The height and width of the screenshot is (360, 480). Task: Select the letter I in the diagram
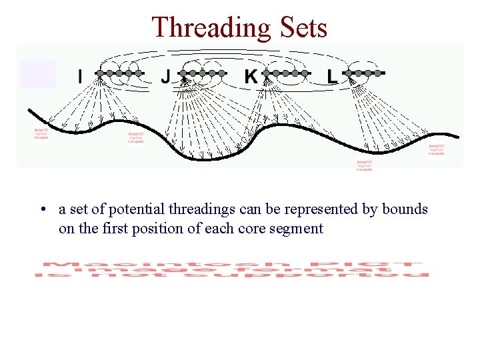tap(80, 77)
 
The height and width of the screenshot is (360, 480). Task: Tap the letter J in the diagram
tap(165, 77)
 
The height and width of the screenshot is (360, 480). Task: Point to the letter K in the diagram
tap(251, 77)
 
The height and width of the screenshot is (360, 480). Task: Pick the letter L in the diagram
tap(332, 77)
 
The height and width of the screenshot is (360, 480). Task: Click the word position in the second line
tap(155, 229)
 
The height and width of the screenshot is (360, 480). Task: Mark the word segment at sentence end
tap(299, 229)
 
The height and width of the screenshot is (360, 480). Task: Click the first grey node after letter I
tap(99, 73)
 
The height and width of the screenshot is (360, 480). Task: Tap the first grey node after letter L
tap(349, 73)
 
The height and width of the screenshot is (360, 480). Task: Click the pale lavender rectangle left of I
tap(37, 74)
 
